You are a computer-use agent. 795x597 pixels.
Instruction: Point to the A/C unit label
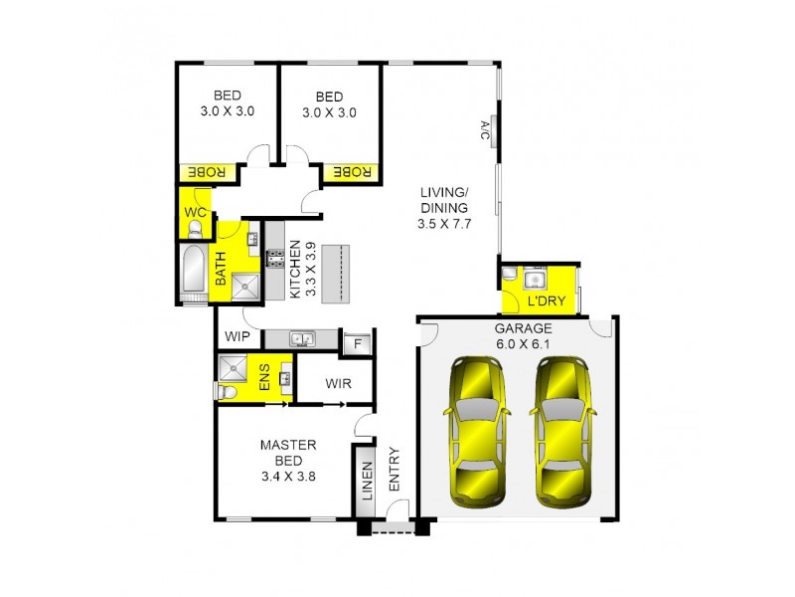click(x=486, y=129)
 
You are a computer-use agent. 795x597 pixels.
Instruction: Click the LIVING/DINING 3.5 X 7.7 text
click(x=443, y=208)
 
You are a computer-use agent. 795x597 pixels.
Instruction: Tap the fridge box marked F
click(x=355, y=344)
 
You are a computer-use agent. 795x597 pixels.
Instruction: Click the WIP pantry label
click(x=237, y=337)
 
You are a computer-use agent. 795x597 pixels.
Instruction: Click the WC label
click(x=196, y=213)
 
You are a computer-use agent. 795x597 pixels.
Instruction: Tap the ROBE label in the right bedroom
click(x=350, y=173)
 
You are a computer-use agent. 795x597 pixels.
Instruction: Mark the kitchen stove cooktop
click(x=274, y=263)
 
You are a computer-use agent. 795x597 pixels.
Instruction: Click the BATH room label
click(x=221, y=270)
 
